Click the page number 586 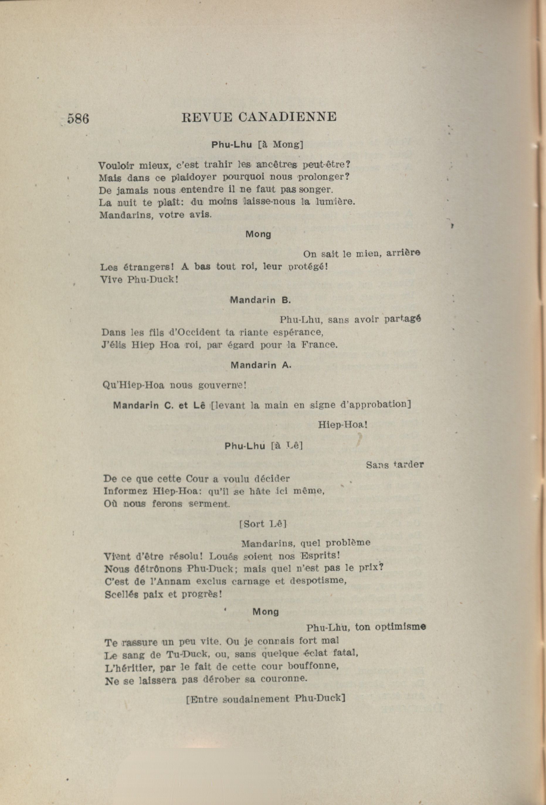(78, 119)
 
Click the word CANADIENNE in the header (287, 117)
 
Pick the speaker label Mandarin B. (260, 300)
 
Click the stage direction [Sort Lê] (263, 524)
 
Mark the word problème (348, 542)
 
